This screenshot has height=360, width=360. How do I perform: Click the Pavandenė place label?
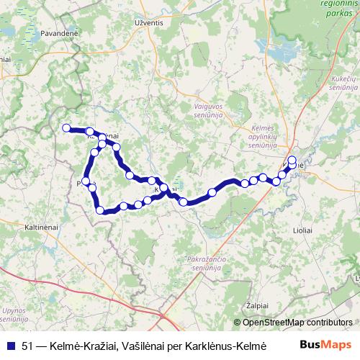(x=43, y=33)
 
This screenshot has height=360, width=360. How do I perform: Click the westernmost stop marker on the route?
(x=66, y=128)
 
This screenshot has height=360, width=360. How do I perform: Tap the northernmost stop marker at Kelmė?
(x=292, y=160)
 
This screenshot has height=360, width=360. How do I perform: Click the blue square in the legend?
(x=9, y=343)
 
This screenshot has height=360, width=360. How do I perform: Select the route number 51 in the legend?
(x=28, y=343)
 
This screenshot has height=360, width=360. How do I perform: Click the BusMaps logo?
(x=326, y=343)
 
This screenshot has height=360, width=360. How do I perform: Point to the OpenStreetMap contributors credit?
(x=294, y=323)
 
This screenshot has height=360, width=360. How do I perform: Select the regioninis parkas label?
(x=333, y=9)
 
